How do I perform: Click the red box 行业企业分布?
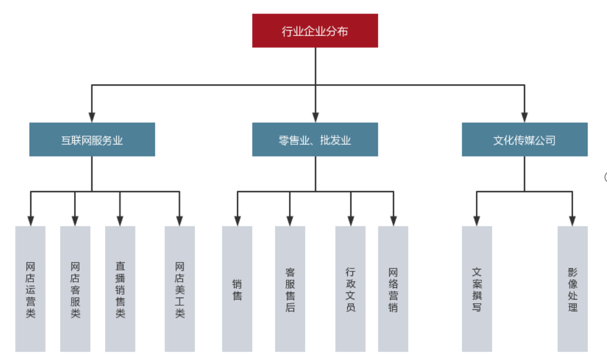point(315,31)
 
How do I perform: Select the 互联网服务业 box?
point(92,139)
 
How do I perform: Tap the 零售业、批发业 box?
point(315,139)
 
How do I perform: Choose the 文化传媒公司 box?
point(525,139)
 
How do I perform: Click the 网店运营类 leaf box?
point(31,289)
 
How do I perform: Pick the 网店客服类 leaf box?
point(75,289)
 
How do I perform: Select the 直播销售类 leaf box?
point(120,289)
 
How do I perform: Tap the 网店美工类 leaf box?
point(180,289)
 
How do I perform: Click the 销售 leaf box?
point(237,289)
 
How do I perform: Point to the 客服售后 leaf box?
point(290,289)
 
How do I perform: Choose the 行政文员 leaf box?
point(351,289)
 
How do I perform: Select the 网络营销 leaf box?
point(393,289)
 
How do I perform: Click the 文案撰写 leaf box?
point(477,289)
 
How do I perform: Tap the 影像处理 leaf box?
point(573,289)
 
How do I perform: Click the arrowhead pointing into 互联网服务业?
point(92,117)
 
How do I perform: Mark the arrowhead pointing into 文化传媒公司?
point(525,117)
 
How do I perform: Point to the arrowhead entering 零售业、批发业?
point(315,117)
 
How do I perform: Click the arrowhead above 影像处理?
point(573,221)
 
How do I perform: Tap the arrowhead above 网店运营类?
point(31,221)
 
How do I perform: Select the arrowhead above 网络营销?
point(393,221)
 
